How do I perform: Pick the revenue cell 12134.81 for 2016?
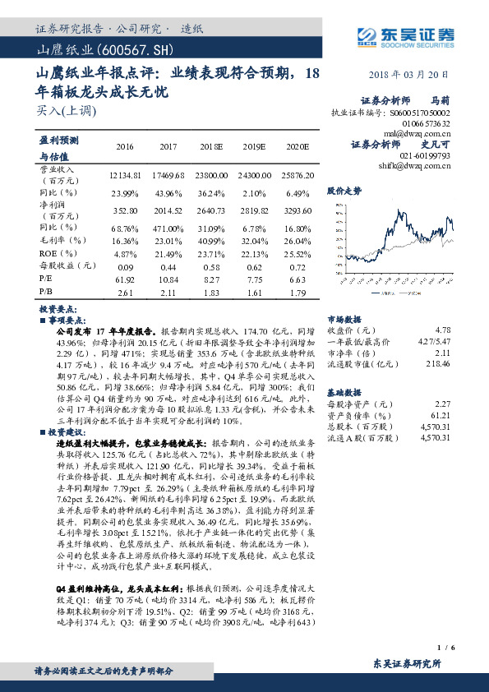click(x=125, y=176)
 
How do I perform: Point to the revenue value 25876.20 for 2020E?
click(x=298, y=176)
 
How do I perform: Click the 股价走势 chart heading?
click(x=344, y=191)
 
